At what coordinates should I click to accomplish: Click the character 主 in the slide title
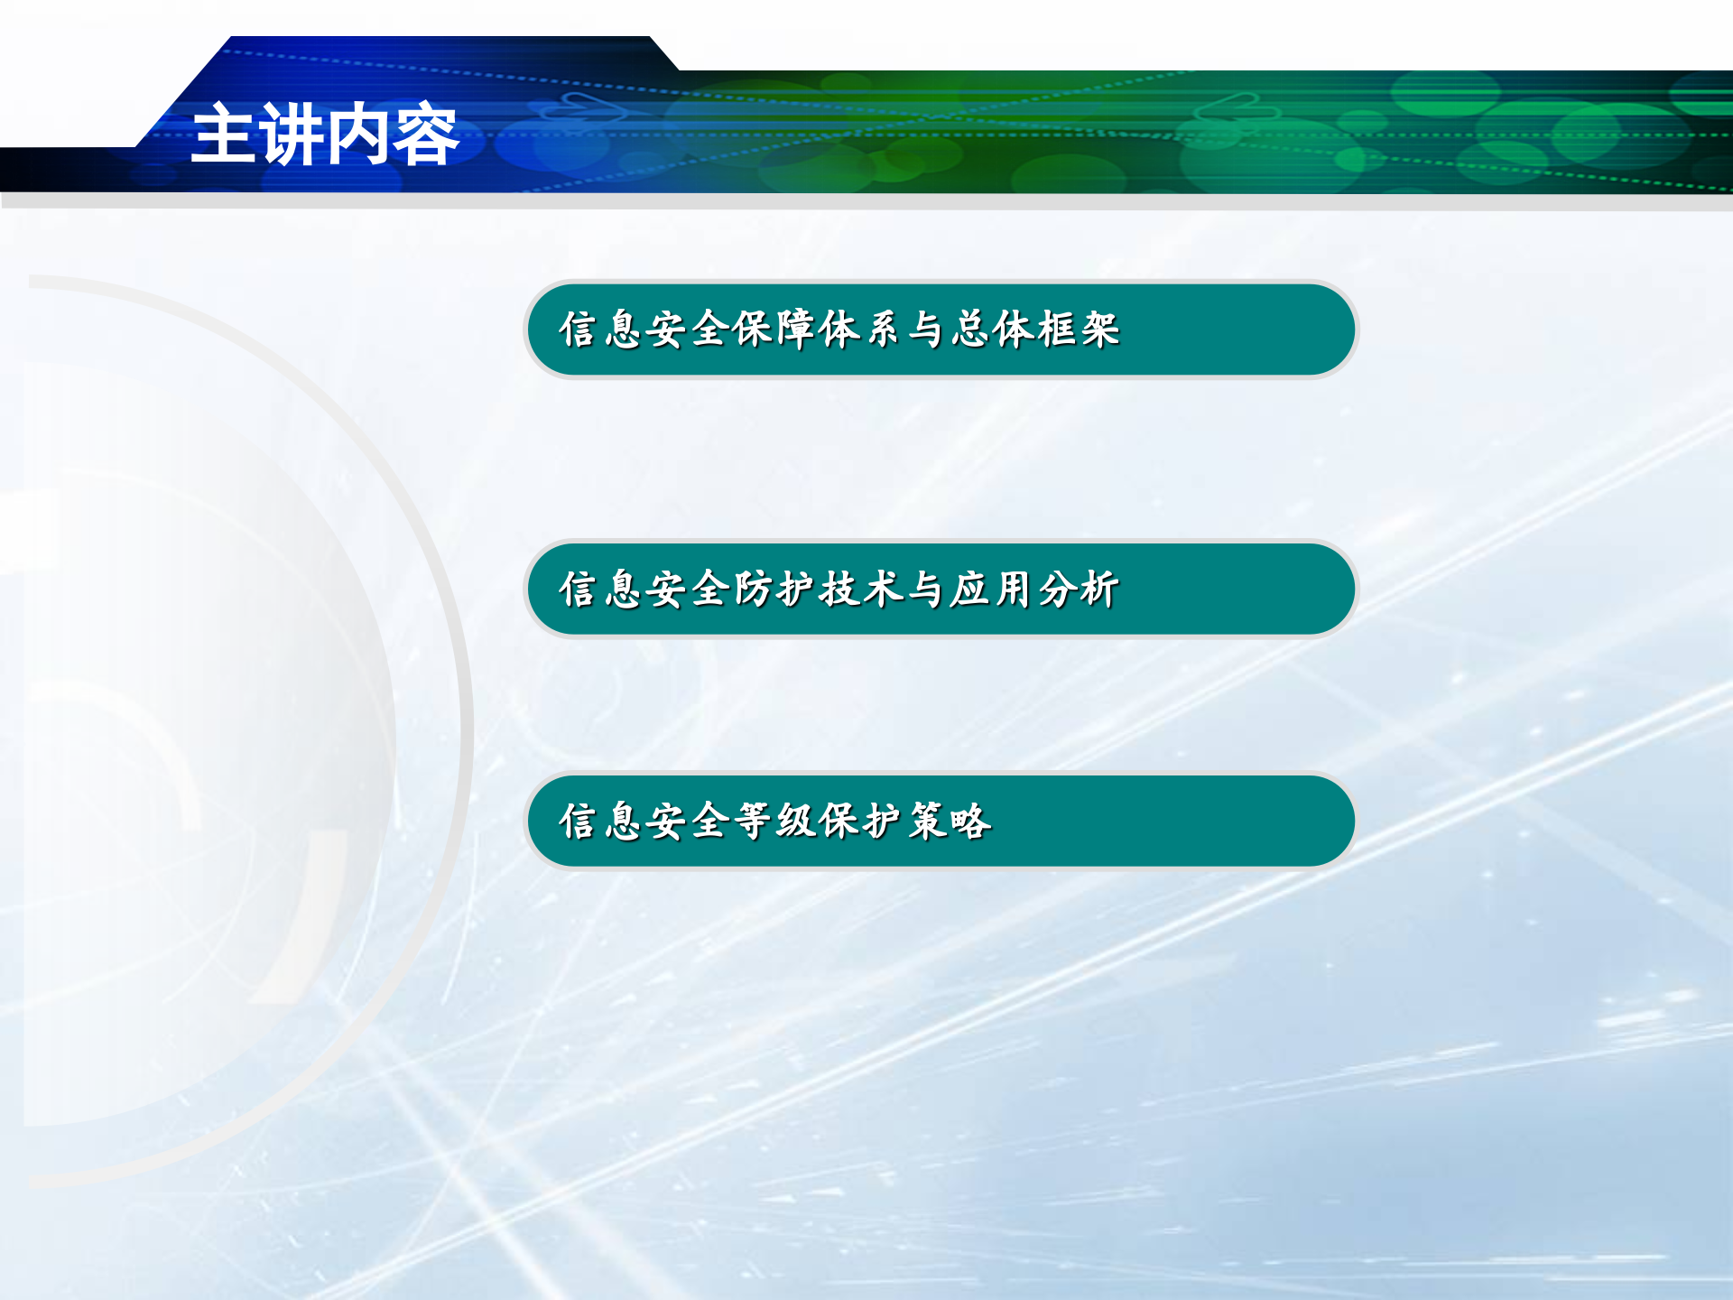tap(225, 134)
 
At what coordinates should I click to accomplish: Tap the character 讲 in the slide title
tap(292, 134)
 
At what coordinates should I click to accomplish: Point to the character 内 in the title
tap(358, 134)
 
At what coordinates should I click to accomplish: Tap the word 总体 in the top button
tap(991, 329)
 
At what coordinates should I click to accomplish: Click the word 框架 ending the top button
tap(1078, 329)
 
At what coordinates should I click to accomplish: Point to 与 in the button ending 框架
tap(926, 329)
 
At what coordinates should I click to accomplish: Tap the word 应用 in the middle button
tap(991, 589)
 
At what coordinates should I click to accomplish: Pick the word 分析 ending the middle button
tap(1078, 589)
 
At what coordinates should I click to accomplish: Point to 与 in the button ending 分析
tap(926, 589)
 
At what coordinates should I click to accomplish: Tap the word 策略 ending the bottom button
tap(950, 821)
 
